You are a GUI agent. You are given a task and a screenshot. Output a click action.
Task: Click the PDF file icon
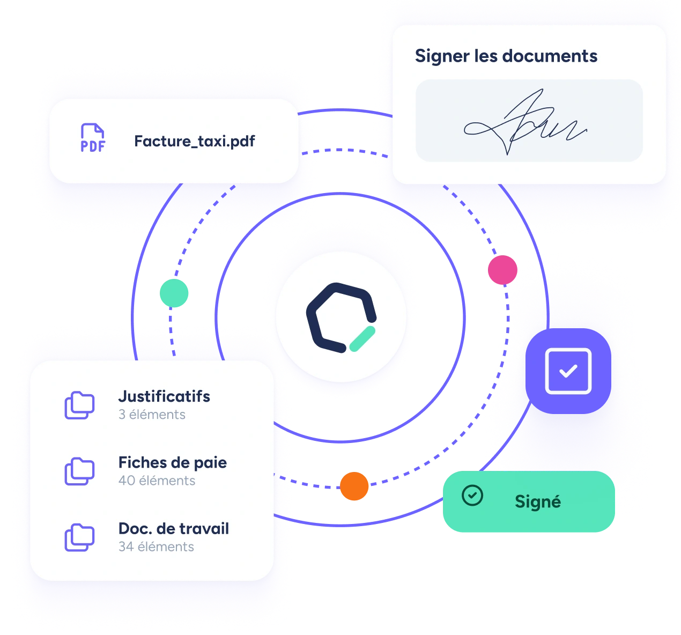pyautogui.click(x=93, y=138)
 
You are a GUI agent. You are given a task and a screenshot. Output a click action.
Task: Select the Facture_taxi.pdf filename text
pyautogui.click(x=195, y=141)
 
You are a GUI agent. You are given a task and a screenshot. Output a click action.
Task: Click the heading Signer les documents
pyautogui.click(x=506, y=56)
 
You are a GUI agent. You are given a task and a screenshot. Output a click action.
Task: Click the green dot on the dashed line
pyautogui.click(x=174, y=293)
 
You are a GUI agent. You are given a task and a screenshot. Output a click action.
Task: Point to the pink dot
pyautogui.click(x=502, y=270)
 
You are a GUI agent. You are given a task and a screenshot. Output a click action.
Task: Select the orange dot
pyautogui.click(x=354, y=486)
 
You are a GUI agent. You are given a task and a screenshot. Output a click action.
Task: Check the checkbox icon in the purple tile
pyautogui.click(x=568, y=371)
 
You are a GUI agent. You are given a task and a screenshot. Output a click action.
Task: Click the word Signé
pyautogui.click(x=537, y=501)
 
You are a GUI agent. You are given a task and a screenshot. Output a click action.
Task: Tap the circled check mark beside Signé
pyautogui.click(x=472, y=496)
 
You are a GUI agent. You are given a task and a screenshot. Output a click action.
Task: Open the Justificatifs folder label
pyautogui.click(x=164, y=396)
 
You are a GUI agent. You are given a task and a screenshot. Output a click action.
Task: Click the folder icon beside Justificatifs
pyautogui.click(x=79, y=405)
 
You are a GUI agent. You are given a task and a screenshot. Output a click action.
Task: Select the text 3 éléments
pyautogui.click(x=152, y=415)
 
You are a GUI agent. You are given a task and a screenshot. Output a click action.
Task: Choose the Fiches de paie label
pyautogui.click(x=172, y=462)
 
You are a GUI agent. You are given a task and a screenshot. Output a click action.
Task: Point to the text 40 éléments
pyautogui.click(x=157, y=481)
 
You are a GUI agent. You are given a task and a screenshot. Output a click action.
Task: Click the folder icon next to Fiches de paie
pyautogui.click(x=79, y=471)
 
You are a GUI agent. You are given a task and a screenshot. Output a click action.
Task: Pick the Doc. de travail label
pyautogui.click(x=173, y=528)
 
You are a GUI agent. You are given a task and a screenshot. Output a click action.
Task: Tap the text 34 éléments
pyautogui.click(x=156, y=547)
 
